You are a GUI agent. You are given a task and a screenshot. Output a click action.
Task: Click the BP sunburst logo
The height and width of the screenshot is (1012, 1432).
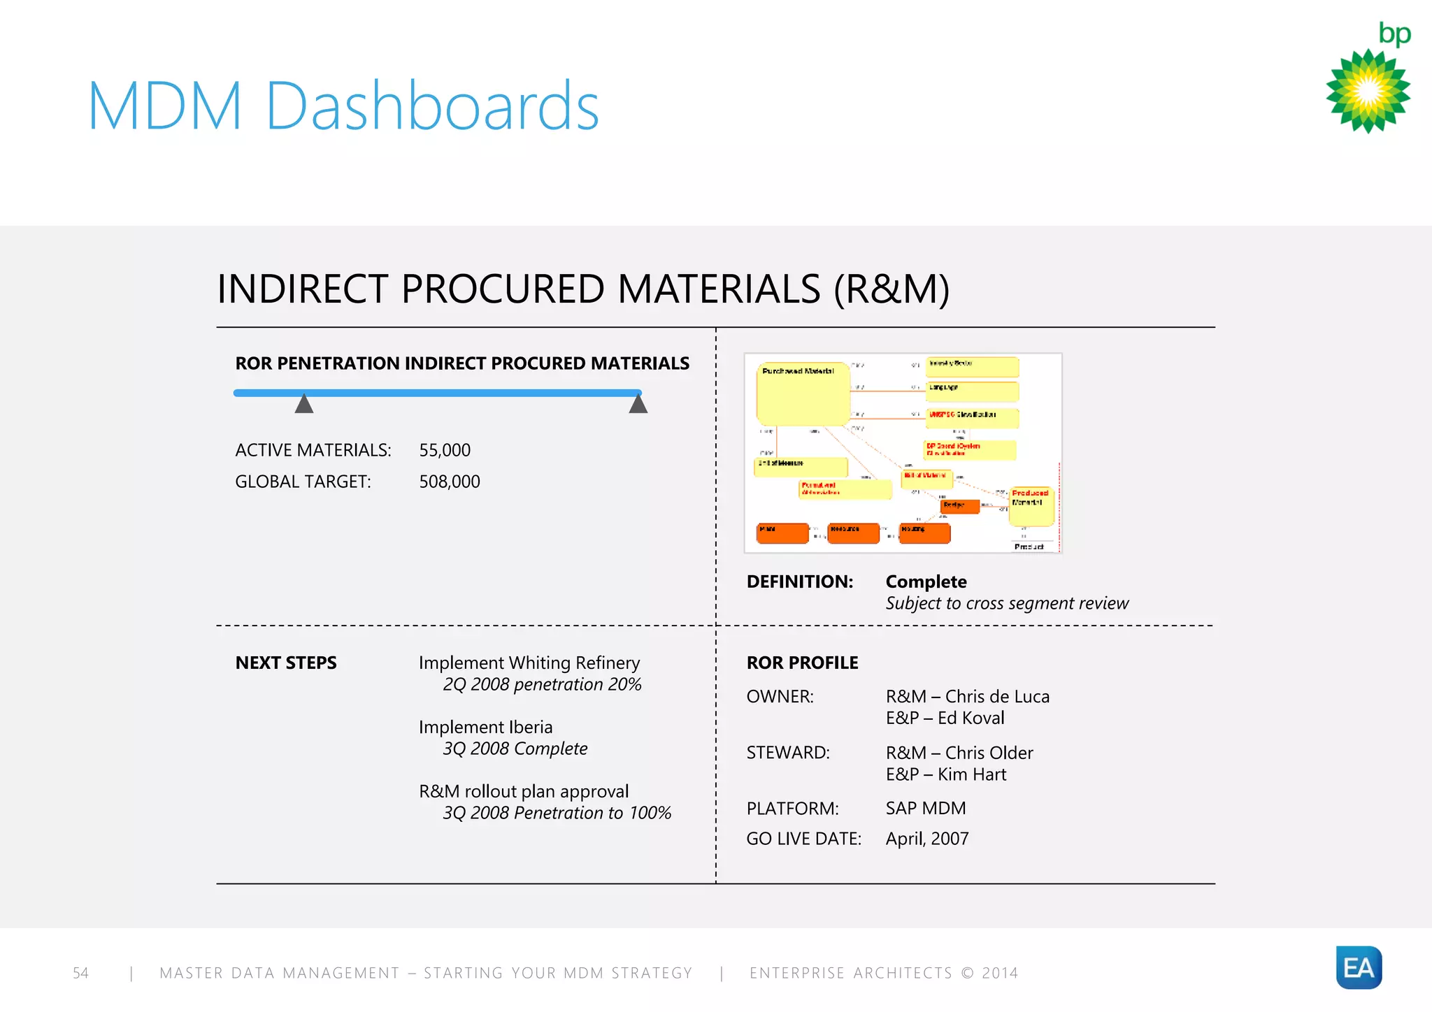tap(1368, 91)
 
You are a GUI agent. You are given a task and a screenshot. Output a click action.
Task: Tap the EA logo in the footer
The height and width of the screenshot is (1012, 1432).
tap(1359, 967)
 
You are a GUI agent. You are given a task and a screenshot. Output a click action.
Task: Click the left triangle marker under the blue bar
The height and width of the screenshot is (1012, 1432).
tap(303, 405)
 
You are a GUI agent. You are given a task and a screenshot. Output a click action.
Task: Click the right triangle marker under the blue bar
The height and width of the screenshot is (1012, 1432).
tap(638, 405)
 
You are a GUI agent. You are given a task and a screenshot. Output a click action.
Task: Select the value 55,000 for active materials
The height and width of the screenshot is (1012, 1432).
tap(445, 450)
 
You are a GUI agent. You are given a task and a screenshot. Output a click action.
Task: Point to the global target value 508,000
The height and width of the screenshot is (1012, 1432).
tap(449, 482)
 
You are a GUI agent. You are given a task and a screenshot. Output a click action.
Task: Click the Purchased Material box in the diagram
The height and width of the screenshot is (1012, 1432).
tap(803, 395)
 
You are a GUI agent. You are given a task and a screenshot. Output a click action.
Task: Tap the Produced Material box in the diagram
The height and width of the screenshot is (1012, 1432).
tap(1031, 506)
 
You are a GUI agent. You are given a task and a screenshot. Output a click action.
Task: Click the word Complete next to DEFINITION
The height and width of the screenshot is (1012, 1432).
tap(926, 581)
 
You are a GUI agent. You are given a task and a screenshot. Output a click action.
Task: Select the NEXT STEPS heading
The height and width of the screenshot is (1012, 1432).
tap(286, 663)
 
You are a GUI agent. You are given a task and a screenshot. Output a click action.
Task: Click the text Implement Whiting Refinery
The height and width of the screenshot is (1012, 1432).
tap(529, 663)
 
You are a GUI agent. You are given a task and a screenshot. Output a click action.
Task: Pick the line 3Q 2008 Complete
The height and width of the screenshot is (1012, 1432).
tap(515, 749)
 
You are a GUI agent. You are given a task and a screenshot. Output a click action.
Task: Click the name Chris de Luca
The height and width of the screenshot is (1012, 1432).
tap(997, 697)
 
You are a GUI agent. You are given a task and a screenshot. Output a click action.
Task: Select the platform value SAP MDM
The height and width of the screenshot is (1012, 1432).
tap(926, 809)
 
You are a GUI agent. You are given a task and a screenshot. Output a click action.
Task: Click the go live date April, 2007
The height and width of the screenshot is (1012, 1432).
tap(927, 839)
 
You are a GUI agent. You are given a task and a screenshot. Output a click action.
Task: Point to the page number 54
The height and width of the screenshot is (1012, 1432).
tap(81, 973)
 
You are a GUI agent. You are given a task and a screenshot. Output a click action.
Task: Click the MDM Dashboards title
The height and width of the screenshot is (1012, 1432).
tap(343, 106)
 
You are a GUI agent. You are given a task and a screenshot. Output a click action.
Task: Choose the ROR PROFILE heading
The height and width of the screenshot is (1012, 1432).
tap(802, 663)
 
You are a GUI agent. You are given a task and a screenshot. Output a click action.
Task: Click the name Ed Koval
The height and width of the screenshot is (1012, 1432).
tap(971, 718)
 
